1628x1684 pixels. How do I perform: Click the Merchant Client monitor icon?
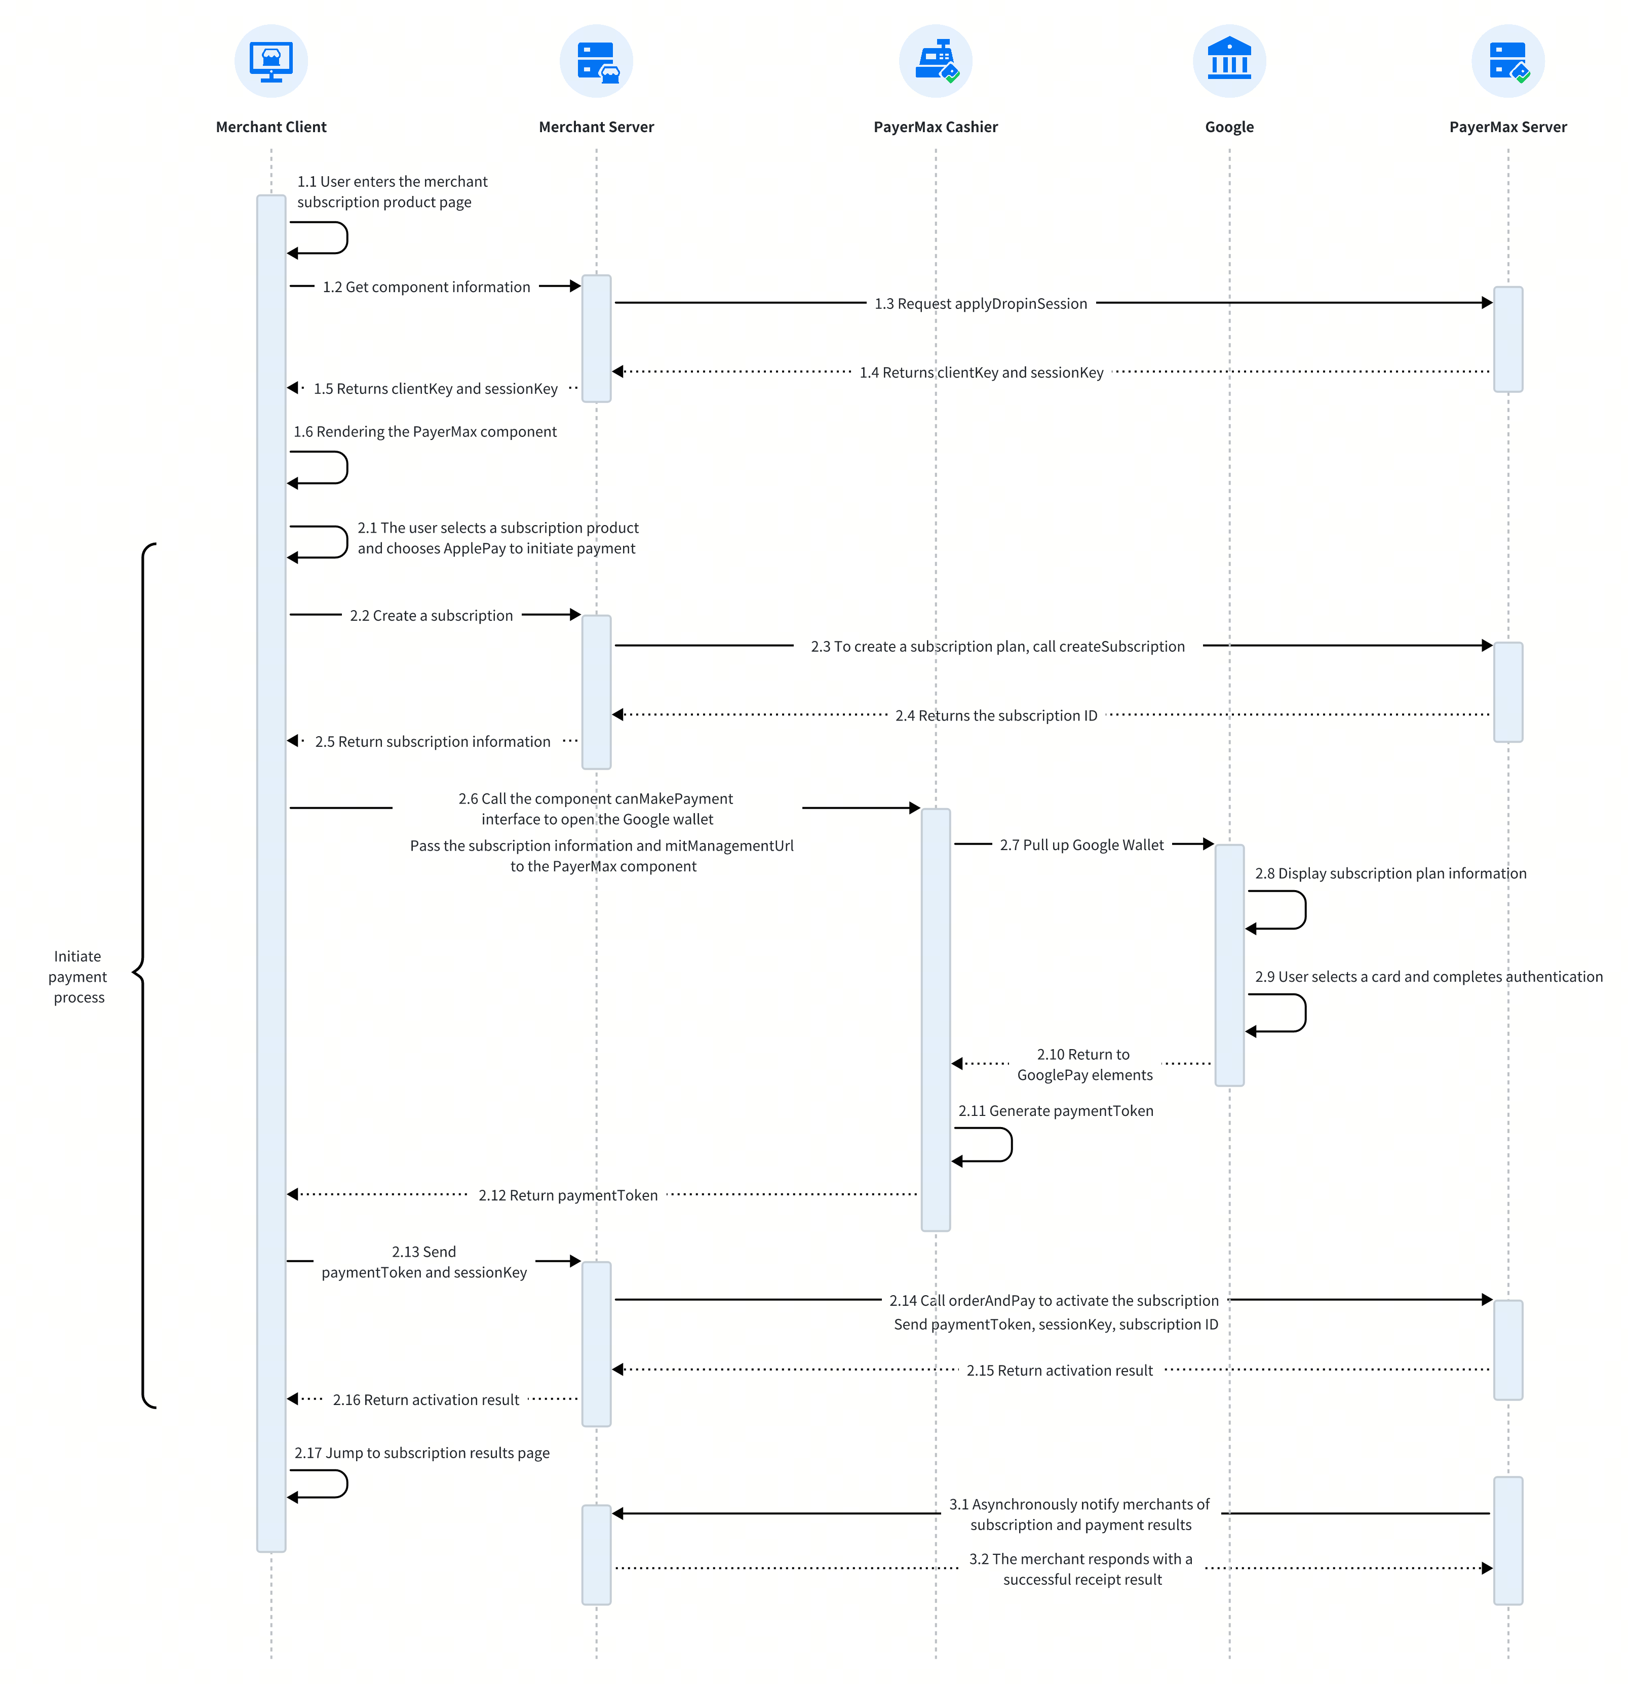point(271,61)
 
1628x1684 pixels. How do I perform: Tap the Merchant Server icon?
point(597,61)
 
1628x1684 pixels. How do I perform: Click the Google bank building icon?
point(1229,61)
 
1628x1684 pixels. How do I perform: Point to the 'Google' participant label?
point(1229,127)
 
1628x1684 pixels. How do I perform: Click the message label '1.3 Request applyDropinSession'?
point(981,303)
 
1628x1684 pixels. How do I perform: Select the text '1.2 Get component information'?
point(427,287)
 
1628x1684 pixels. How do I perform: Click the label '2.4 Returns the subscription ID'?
point(996,716)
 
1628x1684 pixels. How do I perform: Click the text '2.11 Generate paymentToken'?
point(1056,1111)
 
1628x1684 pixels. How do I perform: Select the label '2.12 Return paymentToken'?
point(568,1195)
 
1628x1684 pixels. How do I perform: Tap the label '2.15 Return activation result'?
point(1060,1371)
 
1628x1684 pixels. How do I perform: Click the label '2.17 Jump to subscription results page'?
point(422,1453)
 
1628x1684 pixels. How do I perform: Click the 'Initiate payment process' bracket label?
point(78,977)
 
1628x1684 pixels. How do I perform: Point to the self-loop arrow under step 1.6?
point(346,467)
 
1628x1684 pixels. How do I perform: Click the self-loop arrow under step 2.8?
point(1305,910)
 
